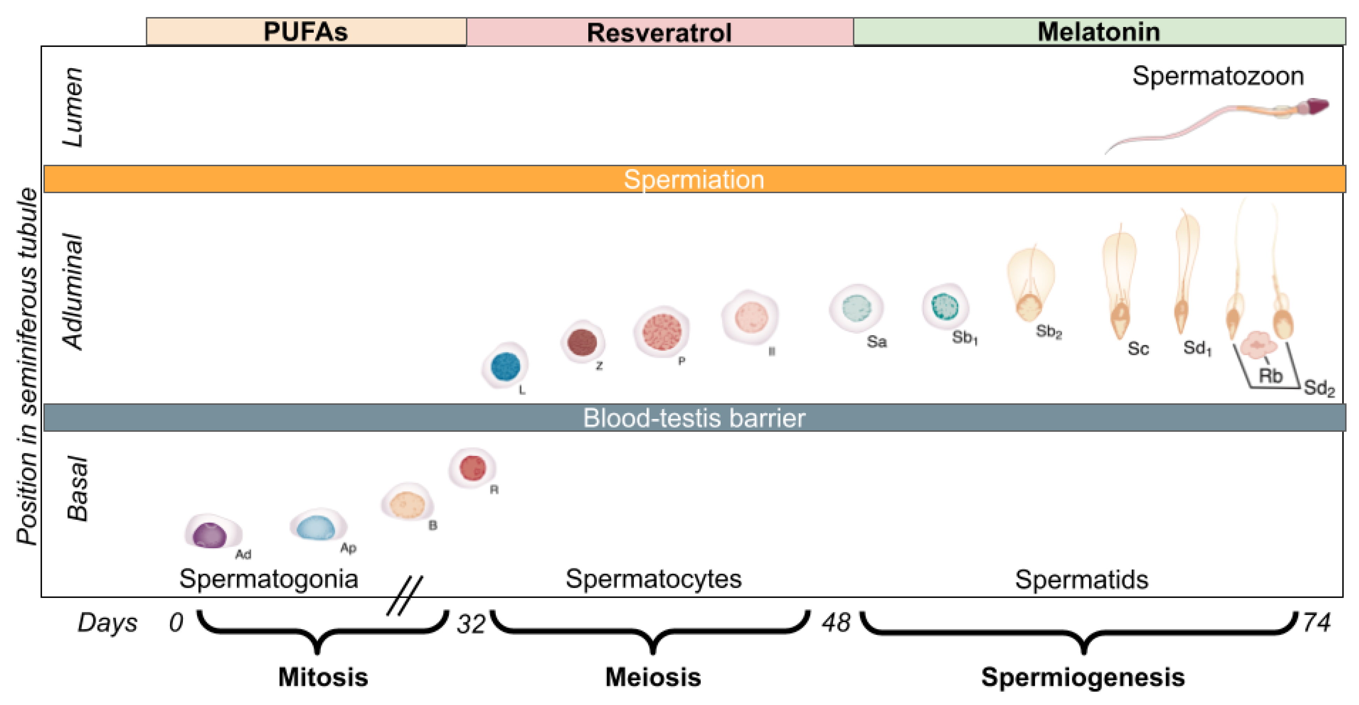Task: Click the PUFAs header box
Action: click(x=306, y=31)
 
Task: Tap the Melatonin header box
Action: click(x=1099, y=31)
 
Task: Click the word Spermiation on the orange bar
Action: click(x=694, y=179)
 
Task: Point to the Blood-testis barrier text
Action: click(x=694, y=418)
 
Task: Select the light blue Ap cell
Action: click(x=316, y=526)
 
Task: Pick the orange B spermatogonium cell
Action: click(x=407, y=504)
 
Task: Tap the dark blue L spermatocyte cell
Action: click(x=505, y=366)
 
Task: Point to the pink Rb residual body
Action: click(x=1258, y=345)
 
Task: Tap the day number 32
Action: click(x=471, y=624)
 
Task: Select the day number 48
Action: click(x=835, y=623)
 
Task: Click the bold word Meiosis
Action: click(x=653, y=677)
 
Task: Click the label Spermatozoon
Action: click(x=1218, y=76)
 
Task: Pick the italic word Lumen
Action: click(x=73, y=107)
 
